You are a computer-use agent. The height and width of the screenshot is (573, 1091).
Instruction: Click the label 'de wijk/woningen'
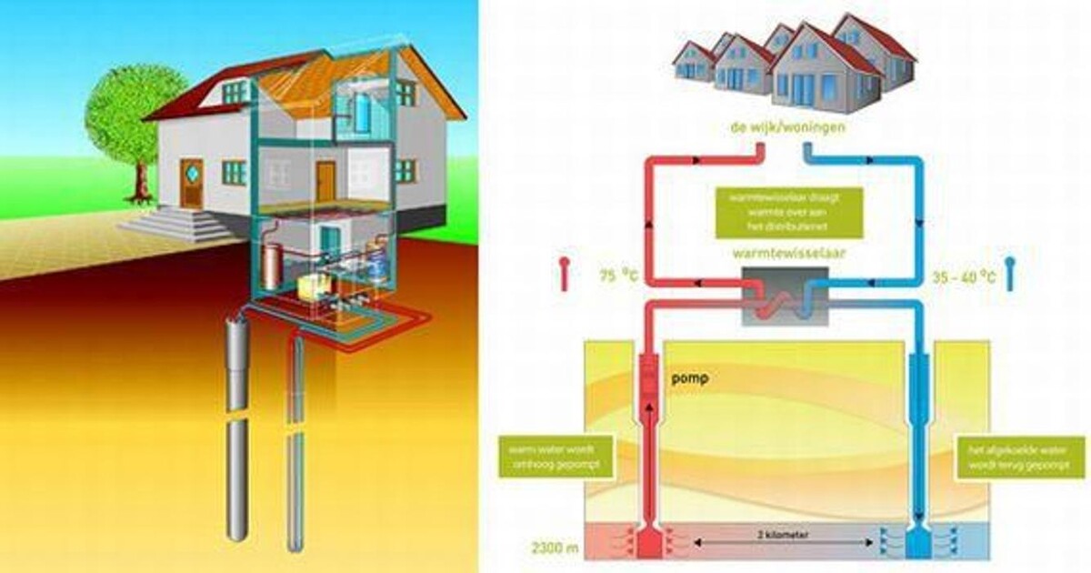click(788, 127)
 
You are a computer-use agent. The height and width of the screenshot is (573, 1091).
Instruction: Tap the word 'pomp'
click(688, 376)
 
